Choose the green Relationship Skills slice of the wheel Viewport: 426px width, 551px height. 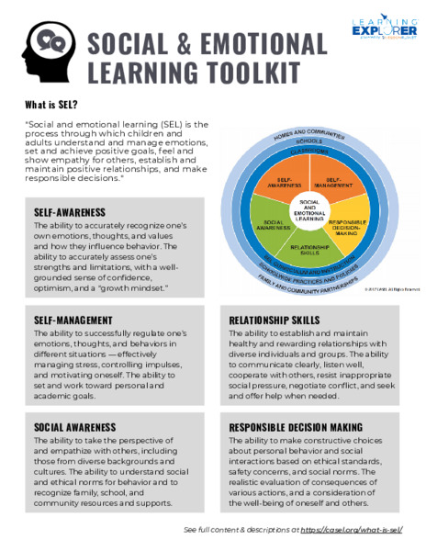(309, 249)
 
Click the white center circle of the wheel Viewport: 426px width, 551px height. (309, 212)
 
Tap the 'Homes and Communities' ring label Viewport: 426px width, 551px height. (308, 135)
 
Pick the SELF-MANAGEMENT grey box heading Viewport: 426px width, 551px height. (74, 320)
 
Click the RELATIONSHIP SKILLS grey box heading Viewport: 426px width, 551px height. (275, 320)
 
